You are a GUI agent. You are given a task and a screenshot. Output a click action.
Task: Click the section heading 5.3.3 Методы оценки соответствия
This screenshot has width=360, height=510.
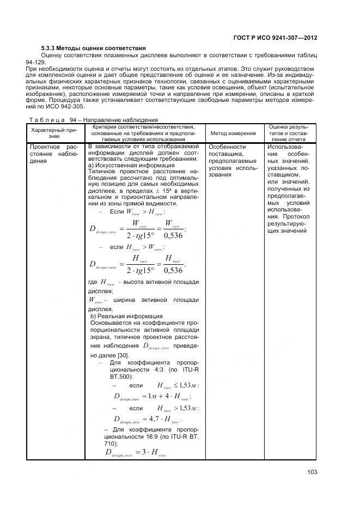tap(93, 48)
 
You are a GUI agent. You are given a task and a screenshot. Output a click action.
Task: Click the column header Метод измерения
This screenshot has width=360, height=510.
tap(233, 133)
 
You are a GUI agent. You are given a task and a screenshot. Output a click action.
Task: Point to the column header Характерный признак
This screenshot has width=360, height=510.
tap(55, 133)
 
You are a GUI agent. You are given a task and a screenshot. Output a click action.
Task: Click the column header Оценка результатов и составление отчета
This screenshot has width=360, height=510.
tap(289, 133)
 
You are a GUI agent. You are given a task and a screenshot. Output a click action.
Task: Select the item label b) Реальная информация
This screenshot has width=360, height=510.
tap(126, 316)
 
